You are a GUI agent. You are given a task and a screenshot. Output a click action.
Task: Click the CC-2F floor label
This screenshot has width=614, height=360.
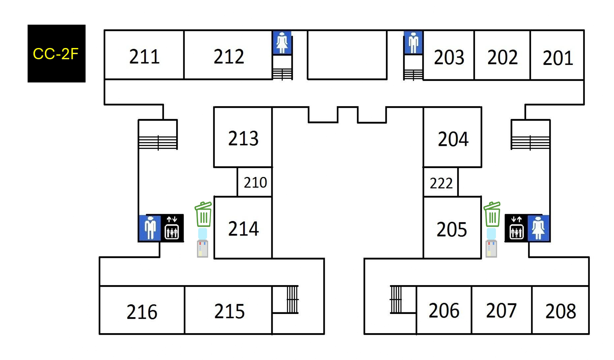56,53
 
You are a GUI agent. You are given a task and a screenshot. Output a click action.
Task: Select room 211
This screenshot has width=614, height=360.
144,55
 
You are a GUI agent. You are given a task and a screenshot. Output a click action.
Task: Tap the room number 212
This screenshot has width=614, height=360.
229,57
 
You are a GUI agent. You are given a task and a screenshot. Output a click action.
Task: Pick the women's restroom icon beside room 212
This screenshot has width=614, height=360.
282,43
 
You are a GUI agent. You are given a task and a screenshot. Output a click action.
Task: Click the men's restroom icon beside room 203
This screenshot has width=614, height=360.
413,43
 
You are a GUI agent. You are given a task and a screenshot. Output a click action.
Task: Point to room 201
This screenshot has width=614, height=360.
557,55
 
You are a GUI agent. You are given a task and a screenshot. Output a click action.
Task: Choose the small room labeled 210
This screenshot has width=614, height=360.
255,182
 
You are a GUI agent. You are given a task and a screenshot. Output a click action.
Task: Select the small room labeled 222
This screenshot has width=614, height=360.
441,182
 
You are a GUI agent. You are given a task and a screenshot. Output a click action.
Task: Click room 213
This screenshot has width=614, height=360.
243,137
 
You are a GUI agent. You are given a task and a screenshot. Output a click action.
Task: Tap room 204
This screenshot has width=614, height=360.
452,137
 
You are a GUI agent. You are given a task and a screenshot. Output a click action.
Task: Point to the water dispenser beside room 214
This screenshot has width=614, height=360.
202,243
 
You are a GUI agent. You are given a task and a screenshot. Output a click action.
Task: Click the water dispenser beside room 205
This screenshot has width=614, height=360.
491,243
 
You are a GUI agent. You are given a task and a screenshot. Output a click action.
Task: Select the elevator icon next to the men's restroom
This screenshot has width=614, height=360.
172,228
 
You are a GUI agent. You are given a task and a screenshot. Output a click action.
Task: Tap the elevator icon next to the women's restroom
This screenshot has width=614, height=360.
516,228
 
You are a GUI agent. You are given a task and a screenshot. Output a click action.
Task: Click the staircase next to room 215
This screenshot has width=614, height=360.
292,300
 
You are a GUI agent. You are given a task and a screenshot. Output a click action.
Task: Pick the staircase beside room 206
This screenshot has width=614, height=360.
396,300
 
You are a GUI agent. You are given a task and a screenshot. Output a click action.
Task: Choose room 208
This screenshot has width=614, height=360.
560,310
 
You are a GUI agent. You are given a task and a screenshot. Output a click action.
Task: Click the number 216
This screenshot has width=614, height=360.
142,312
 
